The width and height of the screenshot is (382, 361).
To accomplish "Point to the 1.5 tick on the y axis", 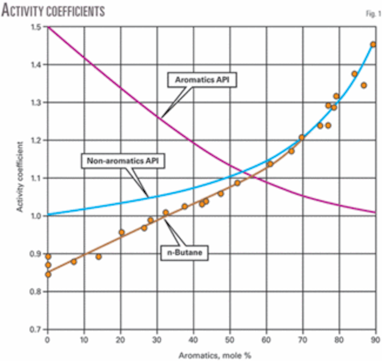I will [x=35, y=27].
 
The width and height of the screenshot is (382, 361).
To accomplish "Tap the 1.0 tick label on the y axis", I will [x=35, y=216].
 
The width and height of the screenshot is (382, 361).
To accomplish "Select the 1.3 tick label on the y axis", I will [x=35, y=103].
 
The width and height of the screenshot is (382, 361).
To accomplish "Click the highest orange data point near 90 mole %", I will [x=373, y=45].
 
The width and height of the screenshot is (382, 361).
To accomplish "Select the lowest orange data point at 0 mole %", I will [x=48, y=274].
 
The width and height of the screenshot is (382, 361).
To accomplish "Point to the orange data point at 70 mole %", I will [x=302, y=137].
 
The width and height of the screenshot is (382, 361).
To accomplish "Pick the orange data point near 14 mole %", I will [x=98, y=257].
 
